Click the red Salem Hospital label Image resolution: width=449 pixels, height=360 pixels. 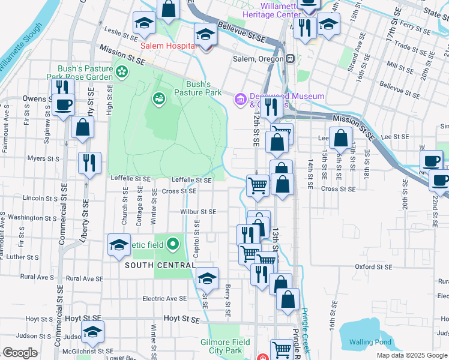pyautogui.click(x=165, y=46)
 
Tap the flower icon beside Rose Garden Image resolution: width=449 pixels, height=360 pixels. pyautogui.click(x=122, y=72)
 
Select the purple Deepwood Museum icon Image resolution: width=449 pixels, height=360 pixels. pyautogui.click(x=240, y=98)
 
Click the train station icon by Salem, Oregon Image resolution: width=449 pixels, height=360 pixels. pyautogui.click(x=290, y=58)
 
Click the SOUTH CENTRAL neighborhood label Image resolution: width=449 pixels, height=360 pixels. pyautogui.click(x=160, y=265)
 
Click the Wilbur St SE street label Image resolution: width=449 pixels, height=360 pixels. pyautogui.click(x=198, y=212)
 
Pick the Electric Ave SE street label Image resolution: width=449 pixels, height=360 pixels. pyautogui.click(x=164, y=298)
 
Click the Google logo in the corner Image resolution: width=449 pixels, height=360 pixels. pyautogui.click(x=20, y=352)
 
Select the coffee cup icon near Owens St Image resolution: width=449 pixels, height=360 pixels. pyautogui.click(x=62, y=106)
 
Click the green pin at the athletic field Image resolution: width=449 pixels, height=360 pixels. pyautogui.click(x=173, y=244)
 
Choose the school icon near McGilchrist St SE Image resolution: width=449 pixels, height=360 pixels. pyautogui.click(x=92, y=331)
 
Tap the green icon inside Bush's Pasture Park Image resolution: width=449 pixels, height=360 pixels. pyautogui.click(x=159, y=97)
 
